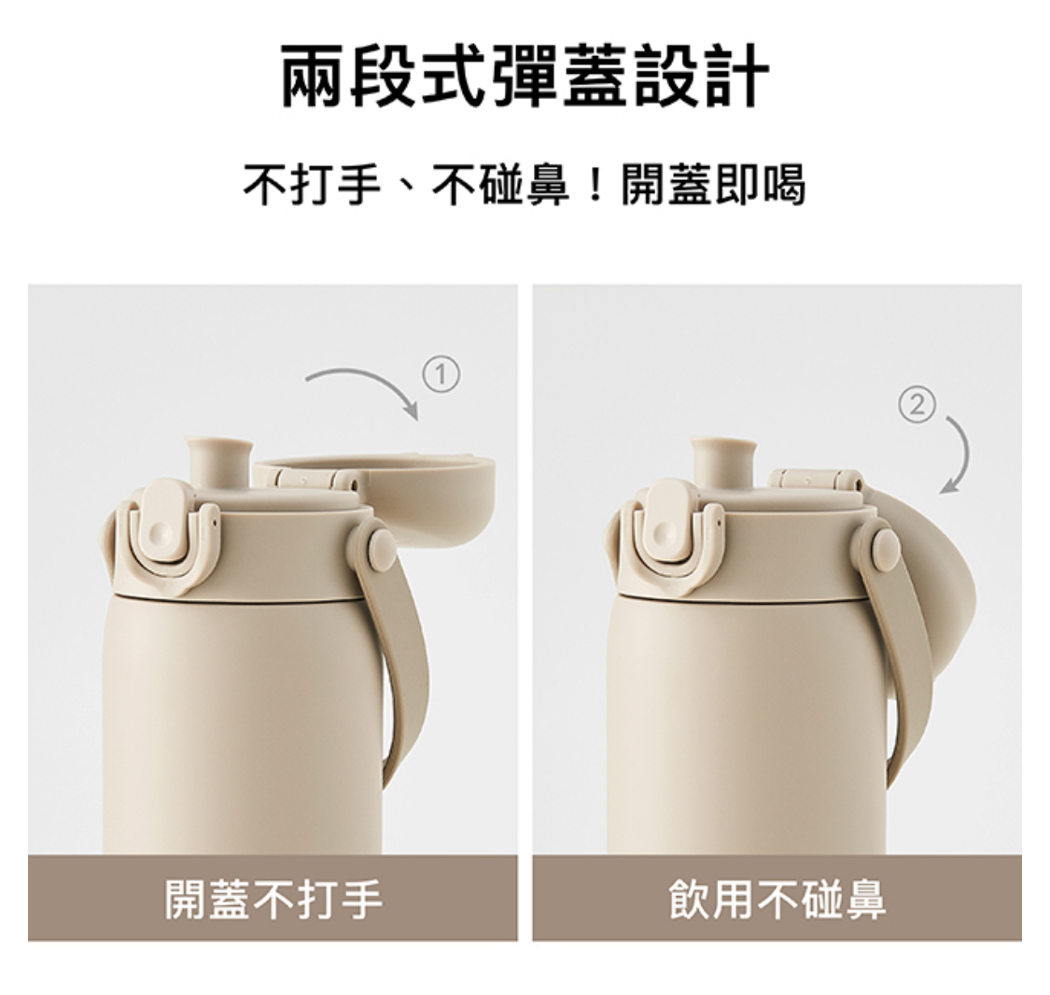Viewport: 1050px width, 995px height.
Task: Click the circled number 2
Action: pos(916,404)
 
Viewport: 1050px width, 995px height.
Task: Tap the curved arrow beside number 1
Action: pos(364,383)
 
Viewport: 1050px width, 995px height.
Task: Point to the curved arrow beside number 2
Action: pos(958,452)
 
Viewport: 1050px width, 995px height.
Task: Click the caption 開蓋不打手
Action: pos(273,899)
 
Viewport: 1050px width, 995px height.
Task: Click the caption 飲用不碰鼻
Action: pos(777,899)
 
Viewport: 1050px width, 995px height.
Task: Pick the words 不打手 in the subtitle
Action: pos(312,184)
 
